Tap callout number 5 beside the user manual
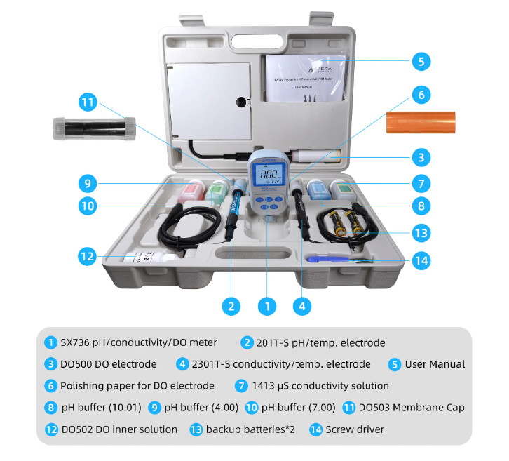420,61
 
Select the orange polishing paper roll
419,121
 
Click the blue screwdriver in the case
333,259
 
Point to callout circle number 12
87,256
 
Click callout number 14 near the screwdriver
420,260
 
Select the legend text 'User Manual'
434,364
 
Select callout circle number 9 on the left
87,184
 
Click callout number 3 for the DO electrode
420,156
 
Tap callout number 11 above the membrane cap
87,102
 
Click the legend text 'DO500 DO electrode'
109,364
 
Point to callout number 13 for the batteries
420,232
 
